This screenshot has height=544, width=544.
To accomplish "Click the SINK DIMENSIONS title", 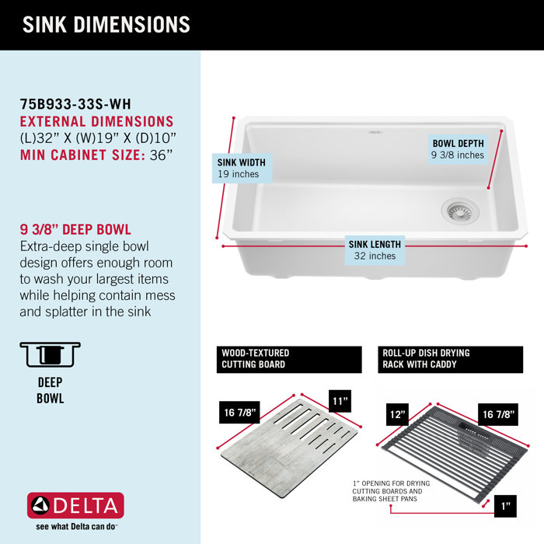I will pos(106,24).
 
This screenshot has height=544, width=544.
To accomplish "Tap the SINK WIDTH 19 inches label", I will pos(242,168).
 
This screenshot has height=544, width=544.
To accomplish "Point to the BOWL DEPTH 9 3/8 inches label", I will pos(459,148).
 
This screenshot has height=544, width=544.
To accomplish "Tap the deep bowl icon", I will pos(51,354).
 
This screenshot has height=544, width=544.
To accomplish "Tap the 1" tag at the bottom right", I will pos(504,507).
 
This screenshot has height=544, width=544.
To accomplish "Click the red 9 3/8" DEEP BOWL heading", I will pos(75,230).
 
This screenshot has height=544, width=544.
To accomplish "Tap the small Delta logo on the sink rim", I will pos(375,133).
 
